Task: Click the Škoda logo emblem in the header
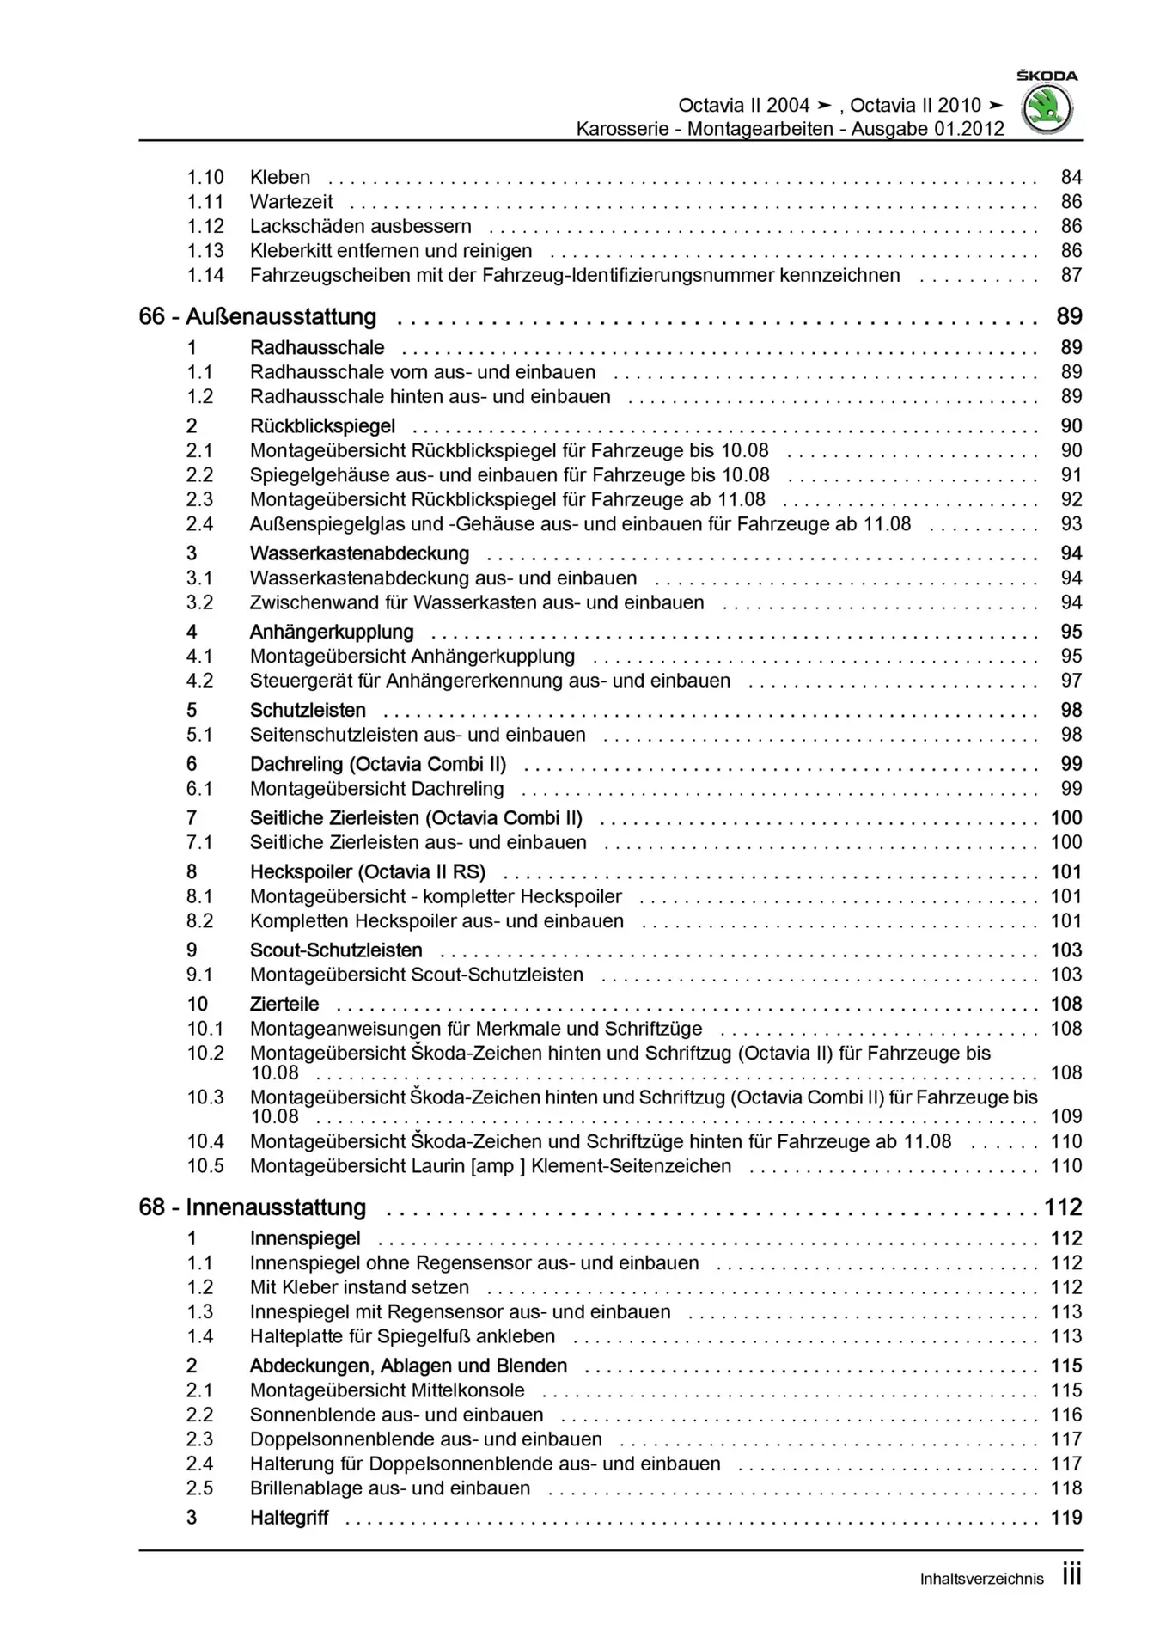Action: [1047, 109]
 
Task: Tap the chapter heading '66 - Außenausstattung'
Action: [257, 316]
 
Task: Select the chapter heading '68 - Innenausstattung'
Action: [252, 1207]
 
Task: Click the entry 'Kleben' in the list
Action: [280, 177]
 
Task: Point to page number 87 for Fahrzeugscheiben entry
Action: [1071, 275]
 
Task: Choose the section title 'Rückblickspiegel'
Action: [322, 426]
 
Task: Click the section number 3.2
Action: [199, 602]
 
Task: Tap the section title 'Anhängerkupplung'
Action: [332, 632]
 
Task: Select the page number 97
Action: [1071, 681]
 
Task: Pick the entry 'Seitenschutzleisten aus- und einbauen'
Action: [418, 735]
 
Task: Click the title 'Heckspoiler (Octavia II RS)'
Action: [368, 872]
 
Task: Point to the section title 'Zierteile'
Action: [284, 1004]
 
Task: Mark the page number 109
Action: [1065, 1116]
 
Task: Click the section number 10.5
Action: [205, 1166]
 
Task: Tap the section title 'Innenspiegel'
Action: [305, 1238]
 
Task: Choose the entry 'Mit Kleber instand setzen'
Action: [359, 1287]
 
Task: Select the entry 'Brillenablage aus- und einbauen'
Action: [390, 1488]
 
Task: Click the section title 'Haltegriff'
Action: [289, 1518]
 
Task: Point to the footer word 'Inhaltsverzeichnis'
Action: [981, 1579]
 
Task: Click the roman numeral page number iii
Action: [1071, 1575]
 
